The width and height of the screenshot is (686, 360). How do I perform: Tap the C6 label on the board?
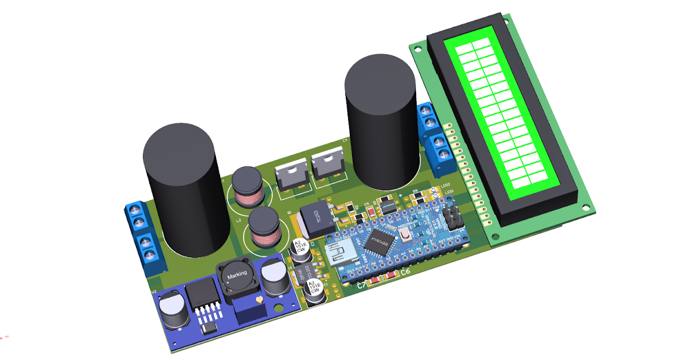coord(405,273)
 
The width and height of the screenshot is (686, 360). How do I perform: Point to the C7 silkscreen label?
coord(362,285)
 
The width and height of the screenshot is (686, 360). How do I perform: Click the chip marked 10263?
coord(314,218)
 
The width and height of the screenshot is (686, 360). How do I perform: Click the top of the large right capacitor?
coord(380,83)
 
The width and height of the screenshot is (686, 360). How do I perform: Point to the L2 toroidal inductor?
coord(264,227)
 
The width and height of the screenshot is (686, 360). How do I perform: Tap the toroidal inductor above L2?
coord(247,186)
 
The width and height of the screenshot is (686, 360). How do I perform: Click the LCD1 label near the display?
coord(449,191)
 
